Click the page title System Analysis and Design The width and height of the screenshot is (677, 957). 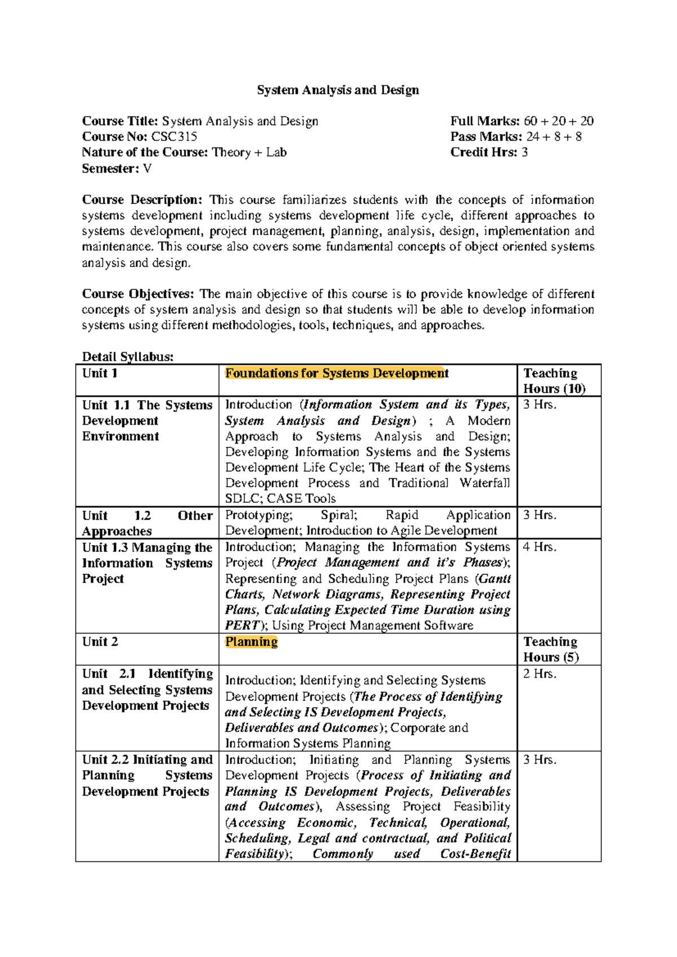click(x=338, y=90)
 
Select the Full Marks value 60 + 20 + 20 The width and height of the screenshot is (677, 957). click(x=559, y=121)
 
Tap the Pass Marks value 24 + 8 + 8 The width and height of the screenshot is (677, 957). click(x=554, y=137)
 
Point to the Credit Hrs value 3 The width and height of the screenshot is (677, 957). click(x=525, y=152)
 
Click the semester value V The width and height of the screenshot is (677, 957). click(x=147, y=168)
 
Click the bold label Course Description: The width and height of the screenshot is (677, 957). click(x=142, y=200)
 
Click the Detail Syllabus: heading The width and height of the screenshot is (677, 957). click(x=128, y=357)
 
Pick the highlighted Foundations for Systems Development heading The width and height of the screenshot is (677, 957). click(x=336, y=373)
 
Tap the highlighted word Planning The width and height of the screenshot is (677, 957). click(x=251, y=642)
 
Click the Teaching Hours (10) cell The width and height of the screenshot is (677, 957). click(x=554, y=381)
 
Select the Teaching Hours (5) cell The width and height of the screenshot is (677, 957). click(x=551, y=649)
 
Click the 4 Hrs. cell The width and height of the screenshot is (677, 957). click(x=539, y=547)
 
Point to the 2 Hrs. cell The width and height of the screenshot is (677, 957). click(x=539, y=674)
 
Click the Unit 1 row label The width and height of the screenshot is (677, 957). click(x=100, y=373)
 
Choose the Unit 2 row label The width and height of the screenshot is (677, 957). click(x=100, y=642)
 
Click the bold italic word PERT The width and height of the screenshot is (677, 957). click(x=242, y=625)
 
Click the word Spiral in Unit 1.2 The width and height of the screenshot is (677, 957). click(x=338, y=515)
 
